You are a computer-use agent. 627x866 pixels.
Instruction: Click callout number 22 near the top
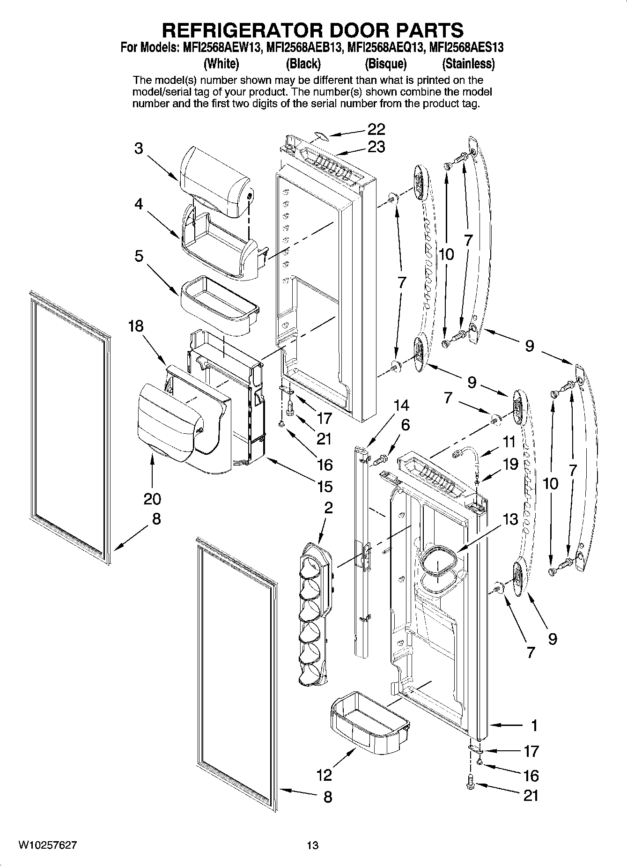point(376,129)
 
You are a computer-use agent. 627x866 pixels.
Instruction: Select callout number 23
point(376,147)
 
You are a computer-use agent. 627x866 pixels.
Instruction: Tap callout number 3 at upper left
point(139,148)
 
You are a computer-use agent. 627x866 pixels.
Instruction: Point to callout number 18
point(136,326)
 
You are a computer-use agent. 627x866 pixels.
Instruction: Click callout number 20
point(152,499)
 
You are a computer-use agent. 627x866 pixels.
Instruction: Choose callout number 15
point(325,487)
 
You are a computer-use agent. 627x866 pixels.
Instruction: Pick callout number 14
point(401,405)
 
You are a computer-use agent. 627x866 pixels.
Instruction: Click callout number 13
point(511,519)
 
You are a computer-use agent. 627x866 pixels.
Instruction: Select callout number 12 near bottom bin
point(324,775)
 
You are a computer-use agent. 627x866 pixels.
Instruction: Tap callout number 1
point(534,725)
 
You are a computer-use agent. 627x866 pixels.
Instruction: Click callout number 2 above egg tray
point(328,507)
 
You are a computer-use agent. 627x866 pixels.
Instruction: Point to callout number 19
point(510,464)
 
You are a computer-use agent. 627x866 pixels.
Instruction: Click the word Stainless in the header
point(468,63)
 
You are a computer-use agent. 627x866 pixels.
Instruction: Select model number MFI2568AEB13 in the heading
point(304,47)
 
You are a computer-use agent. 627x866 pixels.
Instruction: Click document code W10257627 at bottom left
point(47,845)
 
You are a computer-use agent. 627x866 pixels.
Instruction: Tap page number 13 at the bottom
point(313,845)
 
